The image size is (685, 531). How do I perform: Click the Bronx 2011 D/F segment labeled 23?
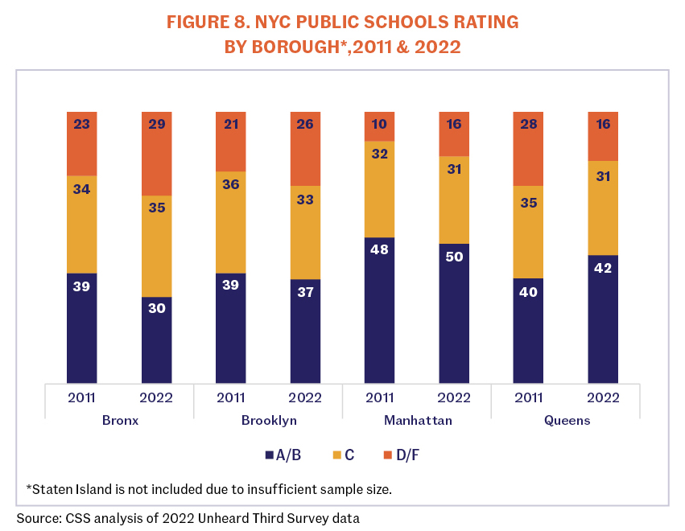tap(82, 143)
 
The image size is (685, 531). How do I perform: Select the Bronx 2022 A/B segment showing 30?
tap(156, 340)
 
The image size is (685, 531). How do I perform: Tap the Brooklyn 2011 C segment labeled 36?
tap(231, 222)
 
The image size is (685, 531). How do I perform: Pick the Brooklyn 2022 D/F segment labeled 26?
tap(305, 149)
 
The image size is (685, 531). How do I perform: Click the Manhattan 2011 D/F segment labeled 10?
tap(379, 126)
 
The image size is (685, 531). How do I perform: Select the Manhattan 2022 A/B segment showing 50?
tap(454, 313)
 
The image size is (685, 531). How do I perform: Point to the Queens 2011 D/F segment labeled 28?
tap(528, 149)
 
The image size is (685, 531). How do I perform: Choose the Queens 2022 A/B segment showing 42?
tap(603, 319)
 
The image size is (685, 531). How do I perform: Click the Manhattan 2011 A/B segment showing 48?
tap(379, 310)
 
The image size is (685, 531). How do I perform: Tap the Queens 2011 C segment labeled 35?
tap(528, 232)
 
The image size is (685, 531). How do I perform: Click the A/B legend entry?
tap(283, 455)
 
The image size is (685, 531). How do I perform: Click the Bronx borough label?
tap(119, 420)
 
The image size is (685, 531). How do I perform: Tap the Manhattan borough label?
tap(417, 420)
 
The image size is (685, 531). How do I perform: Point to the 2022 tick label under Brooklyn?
tap(305, 397)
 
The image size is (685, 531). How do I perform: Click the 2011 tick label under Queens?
tap(528, 397)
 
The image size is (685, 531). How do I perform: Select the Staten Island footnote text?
tap(208, 488)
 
